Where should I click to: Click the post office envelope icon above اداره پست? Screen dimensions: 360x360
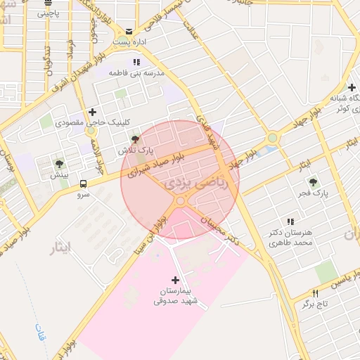coord(129,31)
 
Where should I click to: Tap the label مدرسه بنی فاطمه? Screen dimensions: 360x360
coord(136,72)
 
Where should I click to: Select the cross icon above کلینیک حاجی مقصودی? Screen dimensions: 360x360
coord(92,112)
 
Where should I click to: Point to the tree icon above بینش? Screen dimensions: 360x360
coord(58,164)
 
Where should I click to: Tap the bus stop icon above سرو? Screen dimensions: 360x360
coord(83,184)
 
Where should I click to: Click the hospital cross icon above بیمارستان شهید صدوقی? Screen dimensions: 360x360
coord(175,280)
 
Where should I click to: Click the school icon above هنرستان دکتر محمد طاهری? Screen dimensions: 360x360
coord(290,222)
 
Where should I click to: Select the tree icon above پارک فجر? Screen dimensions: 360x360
coord(314,181)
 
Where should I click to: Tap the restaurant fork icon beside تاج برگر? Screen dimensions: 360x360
coord(315,293)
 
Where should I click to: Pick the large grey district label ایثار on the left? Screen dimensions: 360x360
coord(63,248)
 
